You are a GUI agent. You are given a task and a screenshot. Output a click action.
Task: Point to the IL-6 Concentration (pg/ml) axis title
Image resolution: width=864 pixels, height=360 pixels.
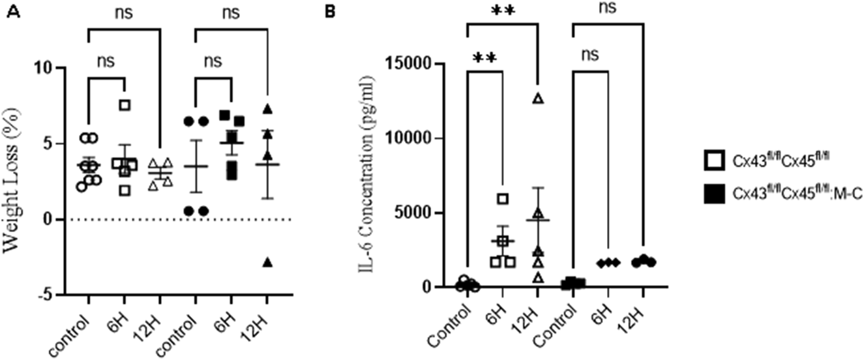[x=372, y=176]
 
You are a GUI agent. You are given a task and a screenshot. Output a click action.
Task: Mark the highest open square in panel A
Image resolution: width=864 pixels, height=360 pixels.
[x=125, y=105]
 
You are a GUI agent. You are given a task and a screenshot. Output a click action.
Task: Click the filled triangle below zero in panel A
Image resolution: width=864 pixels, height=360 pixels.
[x=268, y=262]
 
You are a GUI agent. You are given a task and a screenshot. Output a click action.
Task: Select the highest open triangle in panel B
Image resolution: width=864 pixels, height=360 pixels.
[x=537, y=98]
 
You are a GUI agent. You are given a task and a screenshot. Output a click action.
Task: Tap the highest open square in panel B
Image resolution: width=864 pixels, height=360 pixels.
[x=503, y=199]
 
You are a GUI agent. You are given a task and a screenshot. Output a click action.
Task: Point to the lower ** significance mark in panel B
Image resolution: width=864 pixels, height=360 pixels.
[x=484, y=58]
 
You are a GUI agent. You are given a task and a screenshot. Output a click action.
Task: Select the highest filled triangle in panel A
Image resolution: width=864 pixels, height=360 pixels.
[x=268, y=109]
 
